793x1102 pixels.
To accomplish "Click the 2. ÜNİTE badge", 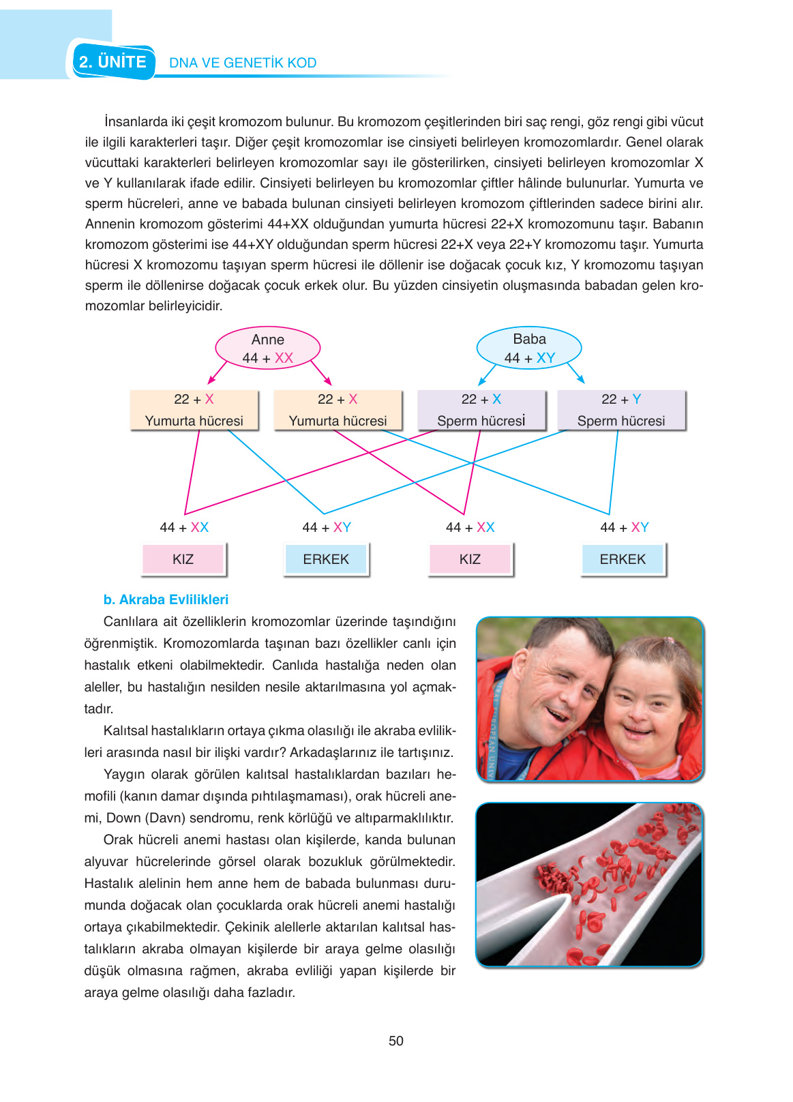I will click(113, 62).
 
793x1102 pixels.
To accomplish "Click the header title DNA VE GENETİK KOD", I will click(243, 63).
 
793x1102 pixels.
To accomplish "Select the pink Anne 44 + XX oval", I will click(267, 348).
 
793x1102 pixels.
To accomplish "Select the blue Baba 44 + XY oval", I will click(529, 348).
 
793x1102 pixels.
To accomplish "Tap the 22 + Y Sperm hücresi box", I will click(621, 410).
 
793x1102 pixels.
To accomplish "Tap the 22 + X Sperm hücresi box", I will click(481, 410).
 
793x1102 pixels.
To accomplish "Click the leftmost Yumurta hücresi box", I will click(194, 410).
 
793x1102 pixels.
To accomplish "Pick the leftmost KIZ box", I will click(183, 559).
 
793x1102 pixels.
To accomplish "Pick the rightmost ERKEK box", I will click(623, 559).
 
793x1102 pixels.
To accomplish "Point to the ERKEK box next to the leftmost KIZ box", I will click(326, 559).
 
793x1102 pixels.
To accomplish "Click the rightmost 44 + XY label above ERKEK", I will click(624, 527).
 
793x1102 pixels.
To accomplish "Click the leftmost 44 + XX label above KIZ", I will click(184, 527).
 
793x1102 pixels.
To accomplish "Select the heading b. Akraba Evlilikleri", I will click(166, 599).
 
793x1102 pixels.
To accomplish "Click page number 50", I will click(396, 1041).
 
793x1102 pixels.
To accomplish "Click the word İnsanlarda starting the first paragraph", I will click(136, 122).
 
